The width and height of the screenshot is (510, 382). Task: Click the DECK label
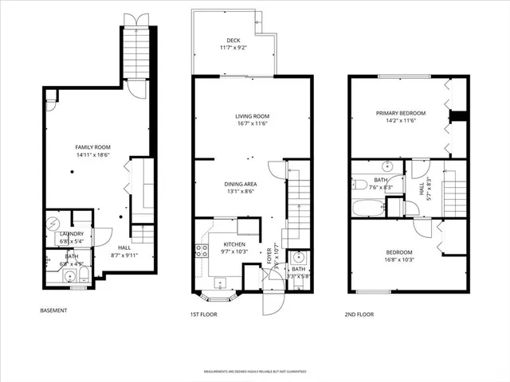[233, 40]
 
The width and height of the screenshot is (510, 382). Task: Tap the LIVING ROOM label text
[251, 116]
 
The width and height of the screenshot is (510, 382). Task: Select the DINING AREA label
[239, 184]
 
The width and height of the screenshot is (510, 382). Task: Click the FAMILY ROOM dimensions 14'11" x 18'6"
[92, 155]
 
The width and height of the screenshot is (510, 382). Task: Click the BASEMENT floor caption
[53, 310]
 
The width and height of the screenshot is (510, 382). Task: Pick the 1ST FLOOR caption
[204, 314]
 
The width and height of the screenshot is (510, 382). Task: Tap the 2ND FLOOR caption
[359, 314]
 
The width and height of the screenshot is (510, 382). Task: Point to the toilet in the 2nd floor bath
[359, 185]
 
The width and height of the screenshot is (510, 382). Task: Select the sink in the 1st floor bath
[298, 257]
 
